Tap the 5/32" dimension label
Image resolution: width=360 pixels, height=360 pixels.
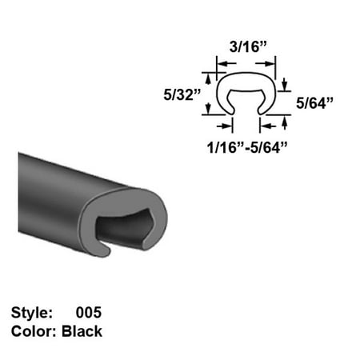click(x=182, y=94)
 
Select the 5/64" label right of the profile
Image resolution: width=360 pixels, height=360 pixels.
click(x=314, y=103)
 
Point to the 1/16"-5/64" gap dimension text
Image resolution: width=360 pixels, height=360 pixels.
click(x=247, y=147)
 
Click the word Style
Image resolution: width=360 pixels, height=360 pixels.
click(x=32, y=313)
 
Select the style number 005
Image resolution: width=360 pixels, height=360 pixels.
click(x=89, y=313)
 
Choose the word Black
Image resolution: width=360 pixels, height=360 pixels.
click(x=82, y=331)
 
